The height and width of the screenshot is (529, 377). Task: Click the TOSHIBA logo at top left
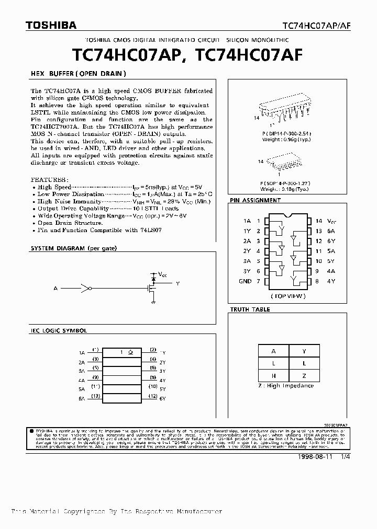tap(41, 25)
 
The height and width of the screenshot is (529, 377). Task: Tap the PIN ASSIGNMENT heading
tap(255, 200)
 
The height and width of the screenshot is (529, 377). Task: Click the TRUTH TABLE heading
tap(250, 309)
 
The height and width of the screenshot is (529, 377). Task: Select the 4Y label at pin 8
tap(331, 281)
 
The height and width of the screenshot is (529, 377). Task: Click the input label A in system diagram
tap(55, 288)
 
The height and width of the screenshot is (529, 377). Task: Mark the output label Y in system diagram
tap(178, 284)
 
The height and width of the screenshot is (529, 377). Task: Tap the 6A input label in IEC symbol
tap(81, 398)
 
